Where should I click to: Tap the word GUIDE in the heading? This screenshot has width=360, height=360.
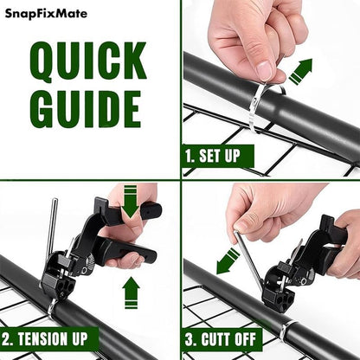click(86, 110)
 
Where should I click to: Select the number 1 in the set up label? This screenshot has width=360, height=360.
click(190, 157)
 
